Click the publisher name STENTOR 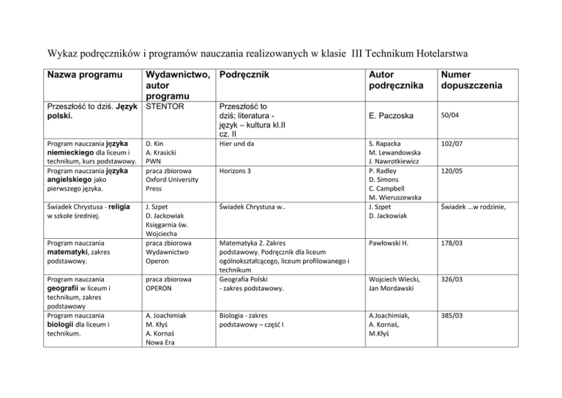[x=169, y=105]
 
